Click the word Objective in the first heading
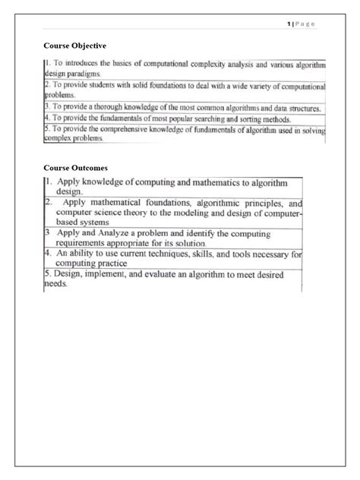click(x=87, y=48)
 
